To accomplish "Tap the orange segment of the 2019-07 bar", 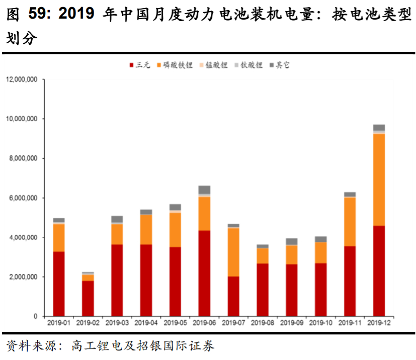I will [233, 252].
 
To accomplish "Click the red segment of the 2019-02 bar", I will [88, 298].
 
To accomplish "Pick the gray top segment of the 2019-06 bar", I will [204, 190].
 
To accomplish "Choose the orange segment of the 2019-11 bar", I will [350, 222].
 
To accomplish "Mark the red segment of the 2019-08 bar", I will [263, 290].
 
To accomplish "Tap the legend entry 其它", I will [283, 65].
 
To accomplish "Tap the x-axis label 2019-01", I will [59, 322].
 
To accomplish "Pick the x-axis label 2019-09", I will [292, 322].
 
